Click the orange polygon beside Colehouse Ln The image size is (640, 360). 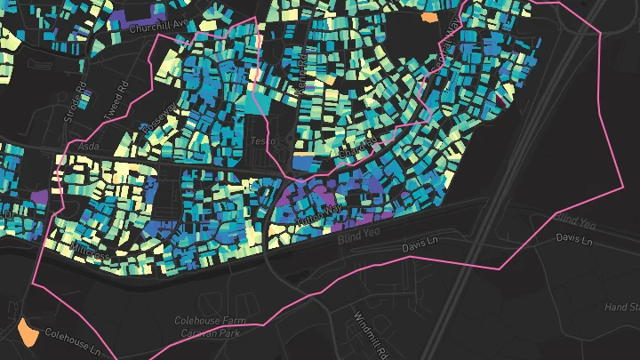(x=28, y=332)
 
